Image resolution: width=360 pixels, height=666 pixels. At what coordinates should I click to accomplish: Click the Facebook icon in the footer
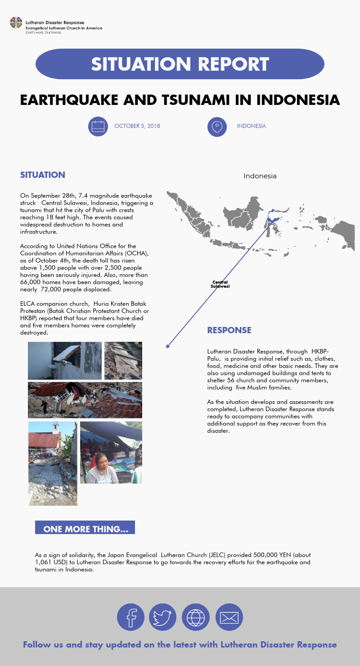pyautogui.click(x=130, y=617)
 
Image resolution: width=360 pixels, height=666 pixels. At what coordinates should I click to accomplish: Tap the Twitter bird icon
pyautogui.click(x=162, y=617)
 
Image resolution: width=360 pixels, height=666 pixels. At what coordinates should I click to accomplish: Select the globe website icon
pyautogui.click(x=196, y=617)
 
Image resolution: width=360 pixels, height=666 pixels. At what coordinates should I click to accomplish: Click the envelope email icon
pyautogui.click(x=229, y=617)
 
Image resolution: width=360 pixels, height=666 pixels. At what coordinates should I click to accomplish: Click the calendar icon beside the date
pyautogui.click(x=98, y=126)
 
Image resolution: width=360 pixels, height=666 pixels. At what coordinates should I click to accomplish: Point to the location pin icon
pyautogui.click(x=217, y=126)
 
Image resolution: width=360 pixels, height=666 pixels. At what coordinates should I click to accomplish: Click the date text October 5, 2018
pyautogui.click(x=137, y=126)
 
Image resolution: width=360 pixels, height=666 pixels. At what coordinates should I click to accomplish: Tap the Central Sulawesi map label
pyautogui.click(x=220, y=284)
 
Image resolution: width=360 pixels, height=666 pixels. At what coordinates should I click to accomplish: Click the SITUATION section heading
pyautogui.click(x=43, y=175)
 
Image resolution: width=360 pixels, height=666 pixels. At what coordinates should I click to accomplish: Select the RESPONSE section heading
pyautogui.click(x=229, y=330)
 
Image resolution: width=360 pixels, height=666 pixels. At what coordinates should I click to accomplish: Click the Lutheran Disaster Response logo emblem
pyautogui.click(x=16, y=22)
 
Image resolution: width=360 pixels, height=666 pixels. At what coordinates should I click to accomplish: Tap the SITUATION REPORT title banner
pyautogui.click(x=180, y=64)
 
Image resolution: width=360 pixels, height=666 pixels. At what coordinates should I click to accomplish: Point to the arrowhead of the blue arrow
pyautogui.click(x=167, y=346)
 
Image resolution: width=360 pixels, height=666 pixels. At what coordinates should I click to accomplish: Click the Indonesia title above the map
pyautogui.click(x=260, y=176)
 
